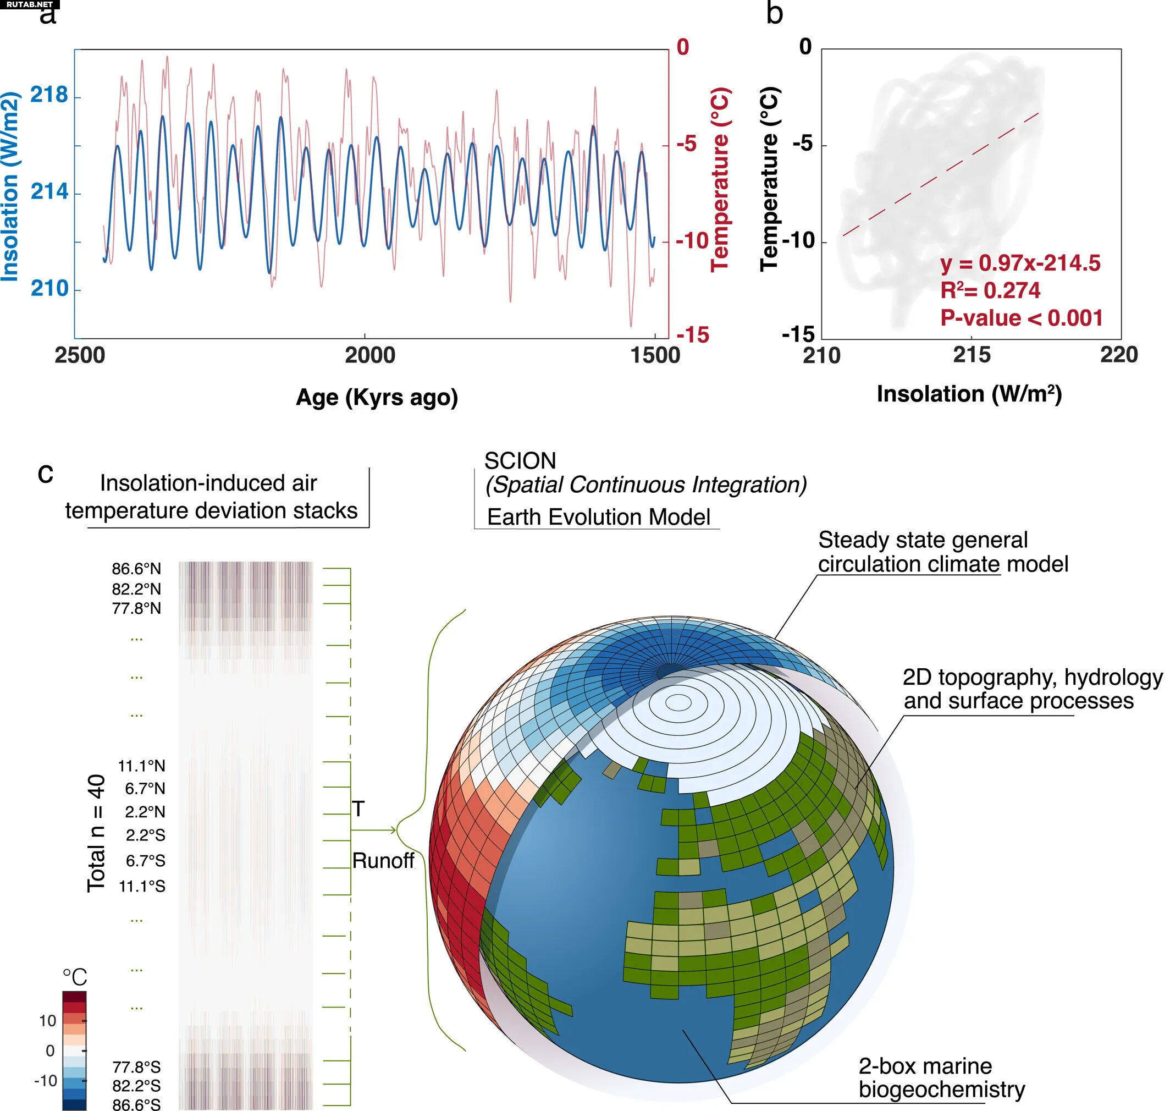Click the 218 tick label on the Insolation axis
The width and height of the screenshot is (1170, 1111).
click(49, 95)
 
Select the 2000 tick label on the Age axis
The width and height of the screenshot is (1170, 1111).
click(370, 355)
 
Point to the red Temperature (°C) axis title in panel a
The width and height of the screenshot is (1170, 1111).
click(720, 179)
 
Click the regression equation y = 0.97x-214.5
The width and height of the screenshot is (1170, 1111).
click(1020, 263)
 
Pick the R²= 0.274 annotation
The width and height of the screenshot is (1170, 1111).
click(990, 290)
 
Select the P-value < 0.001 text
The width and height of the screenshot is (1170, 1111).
click(1022, 318)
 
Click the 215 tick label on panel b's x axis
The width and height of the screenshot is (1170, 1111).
click(971, 355)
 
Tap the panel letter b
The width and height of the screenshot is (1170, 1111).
click(775, 13)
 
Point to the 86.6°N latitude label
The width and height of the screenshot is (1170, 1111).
click(136, 569)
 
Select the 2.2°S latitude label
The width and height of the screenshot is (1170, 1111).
click(145, 835)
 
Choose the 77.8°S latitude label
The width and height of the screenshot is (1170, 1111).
click(136, 1067)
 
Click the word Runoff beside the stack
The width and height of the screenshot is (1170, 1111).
click(383, 861)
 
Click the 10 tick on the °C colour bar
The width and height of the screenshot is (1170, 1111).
click(47, 1021)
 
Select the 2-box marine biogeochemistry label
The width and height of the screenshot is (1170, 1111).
click(941, 1078)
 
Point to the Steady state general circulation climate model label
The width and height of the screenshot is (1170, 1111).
click(942, 552)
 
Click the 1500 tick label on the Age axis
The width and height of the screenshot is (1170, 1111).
click(655, 355)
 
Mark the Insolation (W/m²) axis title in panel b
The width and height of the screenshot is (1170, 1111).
click(969, 394)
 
